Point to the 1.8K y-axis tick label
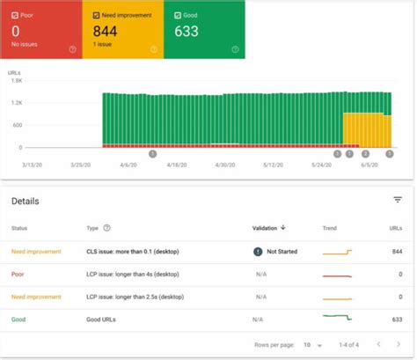(16, 81)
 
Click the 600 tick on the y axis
(18, 125)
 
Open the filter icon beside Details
(398, 200)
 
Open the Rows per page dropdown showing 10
(311, 344)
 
